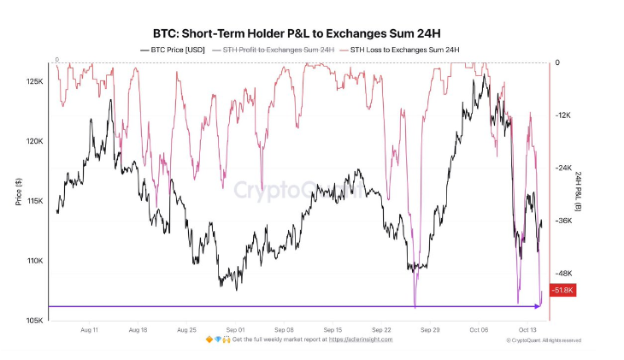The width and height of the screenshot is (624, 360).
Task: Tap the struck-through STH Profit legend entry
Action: click(x=278, y=51)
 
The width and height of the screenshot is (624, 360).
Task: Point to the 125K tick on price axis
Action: click(x=35, y=81)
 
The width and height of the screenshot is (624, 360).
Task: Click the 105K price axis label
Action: click(x=35, y=321)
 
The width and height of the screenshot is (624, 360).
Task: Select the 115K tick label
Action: click(x=35, y=201)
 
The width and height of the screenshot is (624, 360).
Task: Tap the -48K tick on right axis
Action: click(x=565, y=274)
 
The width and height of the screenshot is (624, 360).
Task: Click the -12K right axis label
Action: click(x=565, y=115)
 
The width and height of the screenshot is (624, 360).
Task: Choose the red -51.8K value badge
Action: click(x=563, y=292)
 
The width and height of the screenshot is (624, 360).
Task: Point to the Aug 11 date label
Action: click(x=89, y=329)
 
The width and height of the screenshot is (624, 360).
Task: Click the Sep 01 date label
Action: click(x=236, y=329)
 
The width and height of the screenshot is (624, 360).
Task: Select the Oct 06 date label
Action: click(x=480, y=329)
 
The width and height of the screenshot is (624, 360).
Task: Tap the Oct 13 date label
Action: click(x=528, y=329)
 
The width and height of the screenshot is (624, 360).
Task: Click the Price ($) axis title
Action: click(x=18, y=192)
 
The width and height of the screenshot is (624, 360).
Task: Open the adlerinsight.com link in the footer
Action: click(x=362, y=339)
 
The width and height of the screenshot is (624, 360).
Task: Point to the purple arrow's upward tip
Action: click(x=541, y=292)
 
